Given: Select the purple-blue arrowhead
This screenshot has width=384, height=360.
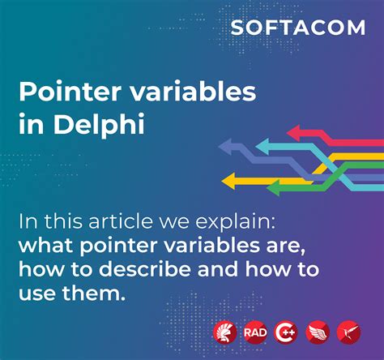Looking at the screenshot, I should [228, 148].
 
